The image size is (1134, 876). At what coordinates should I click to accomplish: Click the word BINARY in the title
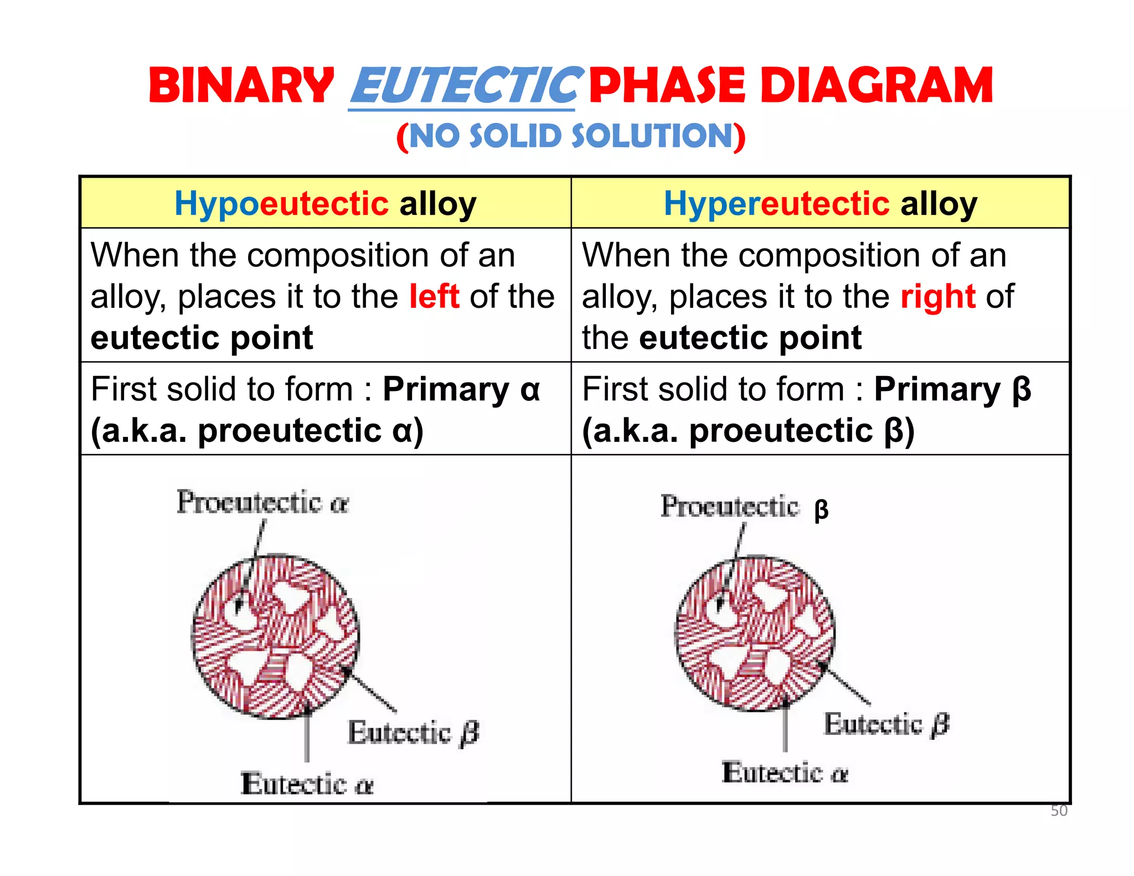click(x=241, y=86)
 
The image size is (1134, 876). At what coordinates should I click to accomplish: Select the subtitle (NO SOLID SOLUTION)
click(x=571, y=136)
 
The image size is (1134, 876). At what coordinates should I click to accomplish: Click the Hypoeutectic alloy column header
click(x=326, y=204)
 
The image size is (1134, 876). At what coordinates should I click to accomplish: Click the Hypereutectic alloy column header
click(x=821, y=204)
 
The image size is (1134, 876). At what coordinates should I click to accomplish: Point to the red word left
click(x=434, y=296)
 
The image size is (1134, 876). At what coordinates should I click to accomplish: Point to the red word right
click(x=938, y=296)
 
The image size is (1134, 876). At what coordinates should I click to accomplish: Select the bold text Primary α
click(x=461, y=389)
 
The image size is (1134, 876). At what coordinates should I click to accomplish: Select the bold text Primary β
click(x=952, y=389)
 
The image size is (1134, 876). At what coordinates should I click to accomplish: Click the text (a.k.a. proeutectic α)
click(x=257, y=431)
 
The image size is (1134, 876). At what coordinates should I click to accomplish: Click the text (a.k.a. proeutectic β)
click(x=748, y=431)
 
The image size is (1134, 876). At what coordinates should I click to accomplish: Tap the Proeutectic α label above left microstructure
click(x=262, y=503)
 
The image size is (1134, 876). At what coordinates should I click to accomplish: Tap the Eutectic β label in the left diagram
click(x=413, y=733)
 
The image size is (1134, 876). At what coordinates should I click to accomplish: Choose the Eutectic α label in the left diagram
click(x=307, y=784)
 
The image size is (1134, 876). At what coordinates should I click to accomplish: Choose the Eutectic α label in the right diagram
click(x=785, y=772)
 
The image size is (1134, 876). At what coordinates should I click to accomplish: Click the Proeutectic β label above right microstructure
click(x=744, y=507)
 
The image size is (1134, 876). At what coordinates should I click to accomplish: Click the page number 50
click(x=1059, y=811)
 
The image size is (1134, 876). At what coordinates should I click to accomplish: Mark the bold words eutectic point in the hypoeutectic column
click(x=202, y=338)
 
